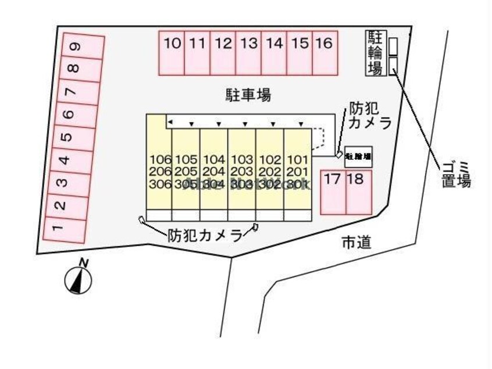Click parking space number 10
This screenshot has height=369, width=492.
(172, 52)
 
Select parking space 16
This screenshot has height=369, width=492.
(325, 52)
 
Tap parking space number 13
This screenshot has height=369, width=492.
(249, 52)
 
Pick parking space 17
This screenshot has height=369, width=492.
(333, 191)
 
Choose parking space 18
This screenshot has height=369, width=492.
(358, 191)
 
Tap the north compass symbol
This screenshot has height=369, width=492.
(78, 280)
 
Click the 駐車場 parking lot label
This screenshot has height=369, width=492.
(248, 94)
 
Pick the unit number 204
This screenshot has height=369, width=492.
(215, 172)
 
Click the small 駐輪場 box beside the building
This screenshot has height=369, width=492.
(358, 157)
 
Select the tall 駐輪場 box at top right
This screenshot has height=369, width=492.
(376, 53)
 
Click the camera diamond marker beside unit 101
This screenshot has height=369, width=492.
(338, 155)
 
